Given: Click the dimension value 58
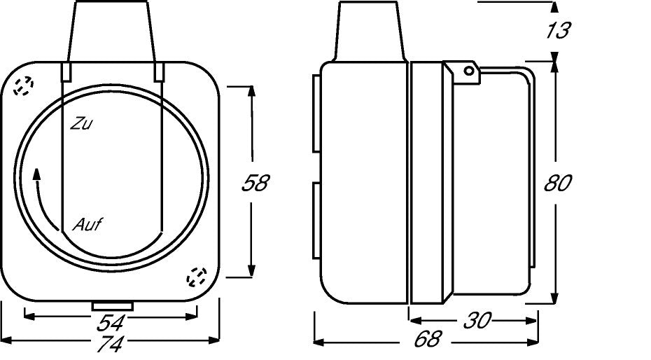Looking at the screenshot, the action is (255, 183).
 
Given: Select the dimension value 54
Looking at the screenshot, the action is (111, 323).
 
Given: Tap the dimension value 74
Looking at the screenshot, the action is (111, 343).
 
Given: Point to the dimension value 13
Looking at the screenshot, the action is (558, 30).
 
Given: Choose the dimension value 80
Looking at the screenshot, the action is (558, 183).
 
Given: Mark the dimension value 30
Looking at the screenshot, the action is (477, 321).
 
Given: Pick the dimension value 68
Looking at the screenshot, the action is (428, 339).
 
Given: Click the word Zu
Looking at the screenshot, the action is (81, 124).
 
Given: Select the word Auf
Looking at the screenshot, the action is (87, 225).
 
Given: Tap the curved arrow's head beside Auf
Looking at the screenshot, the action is (36, 174).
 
